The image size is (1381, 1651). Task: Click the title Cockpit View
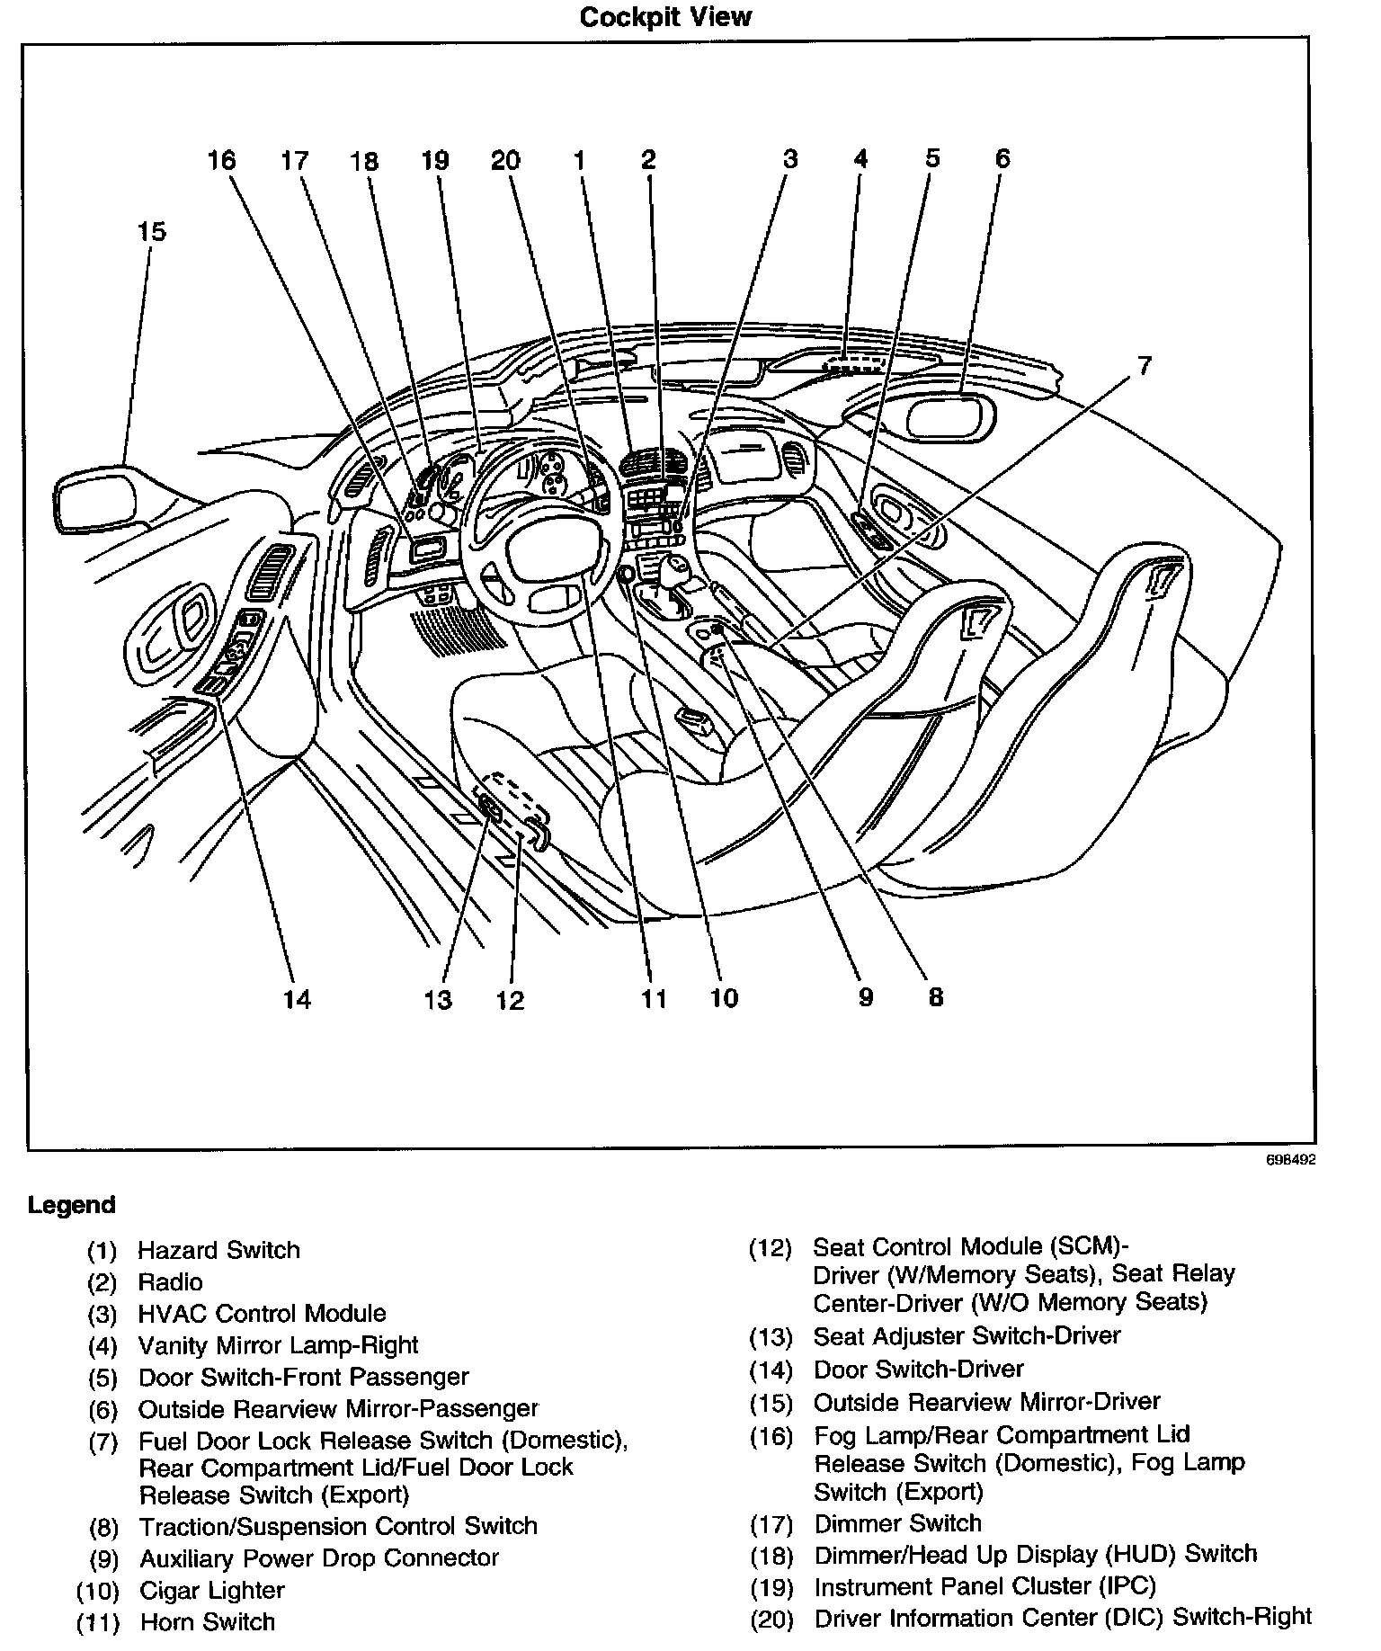664,17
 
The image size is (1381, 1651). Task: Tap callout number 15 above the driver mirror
152,232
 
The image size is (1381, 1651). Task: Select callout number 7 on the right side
1143,366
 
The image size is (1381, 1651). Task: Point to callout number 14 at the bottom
297,999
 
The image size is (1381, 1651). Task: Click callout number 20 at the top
505,161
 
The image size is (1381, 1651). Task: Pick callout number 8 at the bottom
935,997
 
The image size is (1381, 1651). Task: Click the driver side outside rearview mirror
94,497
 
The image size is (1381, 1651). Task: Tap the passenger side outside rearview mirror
949,416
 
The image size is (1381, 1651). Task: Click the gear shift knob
675,569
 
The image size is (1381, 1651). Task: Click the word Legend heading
72,1205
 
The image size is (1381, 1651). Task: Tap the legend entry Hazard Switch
218,1250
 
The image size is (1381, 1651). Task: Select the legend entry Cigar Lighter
212,1590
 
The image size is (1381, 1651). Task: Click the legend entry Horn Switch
208,1622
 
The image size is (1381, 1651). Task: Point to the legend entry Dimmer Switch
897,1523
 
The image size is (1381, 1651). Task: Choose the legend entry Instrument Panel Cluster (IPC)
985,1586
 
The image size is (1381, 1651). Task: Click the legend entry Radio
170,1282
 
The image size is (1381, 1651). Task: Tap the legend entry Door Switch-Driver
918,1370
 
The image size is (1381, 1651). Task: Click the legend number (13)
771,1337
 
